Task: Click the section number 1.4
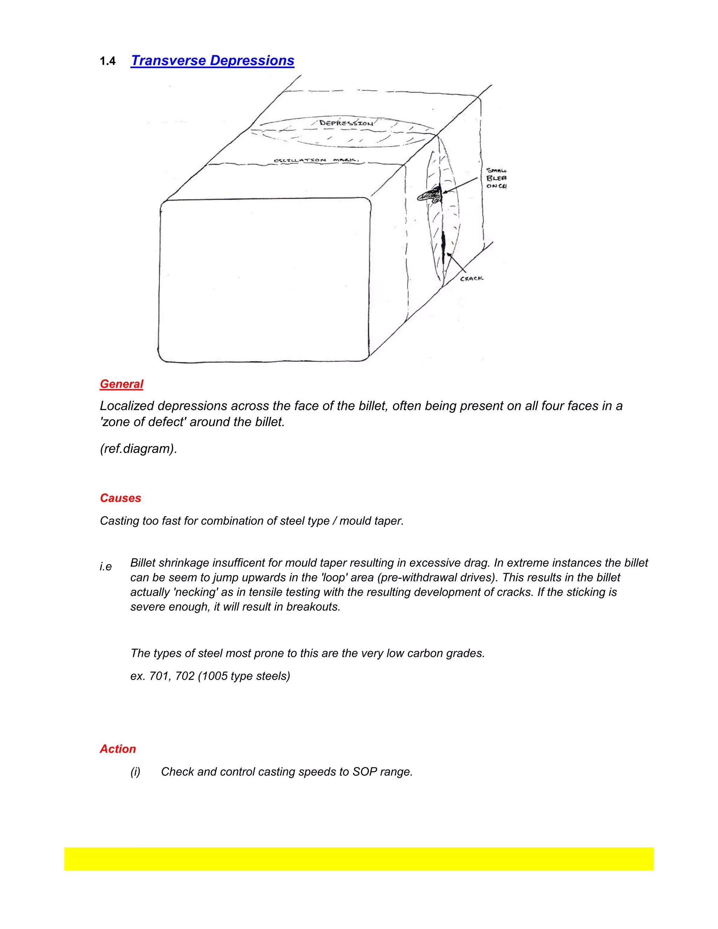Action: (x=108, y=61)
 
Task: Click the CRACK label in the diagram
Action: (x=472, y=278)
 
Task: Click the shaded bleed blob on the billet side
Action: (x=431, y=195)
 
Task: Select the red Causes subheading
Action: (x=120, y=498)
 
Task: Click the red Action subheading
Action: (x=118, y=749)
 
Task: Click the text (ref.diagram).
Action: (x=138, y=449)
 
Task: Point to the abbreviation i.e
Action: (x=106, y=567)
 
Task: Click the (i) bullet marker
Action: (x=135, y=772)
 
